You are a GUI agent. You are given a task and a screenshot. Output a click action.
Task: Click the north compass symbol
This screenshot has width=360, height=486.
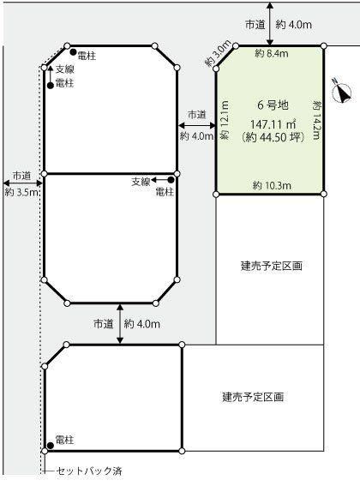pos(342,91)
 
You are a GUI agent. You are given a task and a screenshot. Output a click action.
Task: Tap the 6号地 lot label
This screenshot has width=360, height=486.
pos(273,105)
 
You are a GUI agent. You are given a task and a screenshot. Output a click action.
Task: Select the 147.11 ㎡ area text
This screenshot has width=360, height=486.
pos(273,124)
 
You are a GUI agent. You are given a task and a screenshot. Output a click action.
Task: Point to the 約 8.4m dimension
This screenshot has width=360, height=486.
pos(272,54)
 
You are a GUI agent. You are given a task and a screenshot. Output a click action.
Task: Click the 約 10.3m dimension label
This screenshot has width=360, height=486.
pos(272,186)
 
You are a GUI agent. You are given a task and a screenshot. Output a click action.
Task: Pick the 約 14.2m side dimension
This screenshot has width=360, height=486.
pos(316,120)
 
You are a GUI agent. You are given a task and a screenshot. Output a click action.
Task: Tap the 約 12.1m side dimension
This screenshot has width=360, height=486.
pos(225,120)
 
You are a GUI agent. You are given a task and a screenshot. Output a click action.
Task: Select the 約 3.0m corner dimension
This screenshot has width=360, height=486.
pos(219,53)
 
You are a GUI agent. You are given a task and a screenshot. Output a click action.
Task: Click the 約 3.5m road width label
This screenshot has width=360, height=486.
pos(21,193)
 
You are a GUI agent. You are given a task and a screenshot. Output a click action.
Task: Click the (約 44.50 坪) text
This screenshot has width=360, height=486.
pos(273,137)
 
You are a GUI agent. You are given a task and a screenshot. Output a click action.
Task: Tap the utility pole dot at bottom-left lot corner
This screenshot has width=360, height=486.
pos(51,446)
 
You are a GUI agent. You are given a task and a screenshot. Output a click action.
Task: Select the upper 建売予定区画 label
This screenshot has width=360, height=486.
pos(272,266)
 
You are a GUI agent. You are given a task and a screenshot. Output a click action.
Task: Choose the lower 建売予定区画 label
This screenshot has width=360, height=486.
pos(253,397)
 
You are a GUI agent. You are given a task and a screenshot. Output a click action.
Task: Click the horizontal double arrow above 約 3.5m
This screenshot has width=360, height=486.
pos(22,183)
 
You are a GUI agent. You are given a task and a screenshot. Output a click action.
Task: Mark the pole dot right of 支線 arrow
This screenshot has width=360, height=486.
pos(171,179)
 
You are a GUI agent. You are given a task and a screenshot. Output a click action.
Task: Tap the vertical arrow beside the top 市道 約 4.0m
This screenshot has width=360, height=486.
pos(270,24)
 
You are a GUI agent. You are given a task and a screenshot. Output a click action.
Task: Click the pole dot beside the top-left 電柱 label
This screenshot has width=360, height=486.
pos(73,51)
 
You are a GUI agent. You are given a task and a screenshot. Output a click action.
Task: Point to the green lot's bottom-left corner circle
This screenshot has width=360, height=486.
pos(217,195)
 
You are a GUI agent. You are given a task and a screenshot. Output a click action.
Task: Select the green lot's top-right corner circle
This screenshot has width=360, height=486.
pos(324,46)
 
